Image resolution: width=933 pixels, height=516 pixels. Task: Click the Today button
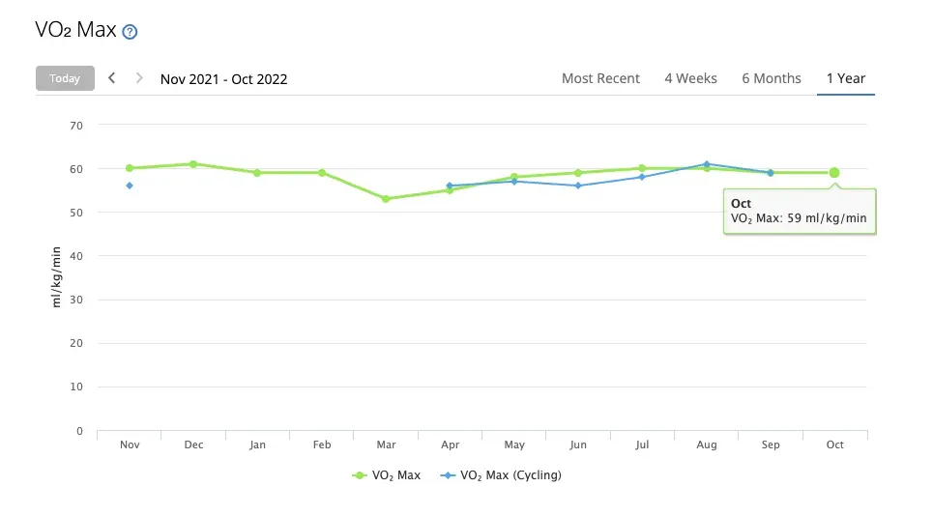click(65, 78)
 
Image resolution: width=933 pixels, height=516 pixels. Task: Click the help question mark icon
click(131, 32)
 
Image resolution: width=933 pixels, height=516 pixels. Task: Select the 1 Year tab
click(845, 78)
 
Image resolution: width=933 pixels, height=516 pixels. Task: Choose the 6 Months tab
click(771, 78)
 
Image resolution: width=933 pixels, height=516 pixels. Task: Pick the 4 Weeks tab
click(690, 78)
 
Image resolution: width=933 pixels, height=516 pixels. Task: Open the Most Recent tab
click(600, 78)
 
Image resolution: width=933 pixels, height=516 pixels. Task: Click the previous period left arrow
click(112, 78)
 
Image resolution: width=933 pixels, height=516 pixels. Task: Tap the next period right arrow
click(139, 78)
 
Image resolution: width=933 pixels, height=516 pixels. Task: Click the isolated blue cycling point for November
click(130, 186)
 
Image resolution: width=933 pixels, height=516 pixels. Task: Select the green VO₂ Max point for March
click(386, 199)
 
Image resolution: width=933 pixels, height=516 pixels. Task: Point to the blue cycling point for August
click(707, 164)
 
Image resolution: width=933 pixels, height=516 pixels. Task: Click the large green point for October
click(834, 173)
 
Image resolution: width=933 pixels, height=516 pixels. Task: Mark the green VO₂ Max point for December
click(193, 164)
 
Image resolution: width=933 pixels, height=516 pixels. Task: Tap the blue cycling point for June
click(578, 186)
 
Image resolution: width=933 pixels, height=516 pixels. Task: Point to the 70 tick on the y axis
click(77, 126)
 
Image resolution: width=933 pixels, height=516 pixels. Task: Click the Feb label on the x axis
click(322, 444)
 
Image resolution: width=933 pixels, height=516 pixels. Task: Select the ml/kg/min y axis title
click(57, 278)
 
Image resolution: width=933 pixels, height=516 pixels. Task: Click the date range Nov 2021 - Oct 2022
click(223, 79)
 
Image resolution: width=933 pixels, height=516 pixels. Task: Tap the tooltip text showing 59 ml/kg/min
click(799, 219)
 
